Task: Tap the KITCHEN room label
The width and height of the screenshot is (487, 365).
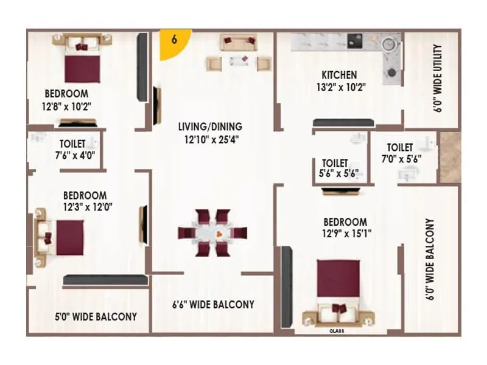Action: tap(339, 75)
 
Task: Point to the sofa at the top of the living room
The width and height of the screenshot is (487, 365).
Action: tap(239, 43)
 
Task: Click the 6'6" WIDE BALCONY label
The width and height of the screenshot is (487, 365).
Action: tap(212, 304)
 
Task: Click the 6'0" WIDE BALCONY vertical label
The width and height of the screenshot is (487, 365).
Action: tap(430, 260)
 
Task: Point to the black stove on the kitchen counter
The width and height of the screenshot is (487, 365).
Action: tap(356, 41)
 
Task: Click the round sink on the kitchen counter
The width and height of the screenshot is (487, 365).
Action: tap(387, 44)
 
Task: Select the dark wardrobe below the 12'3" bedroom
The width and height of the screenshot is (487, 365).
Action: tap(105, 280)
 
